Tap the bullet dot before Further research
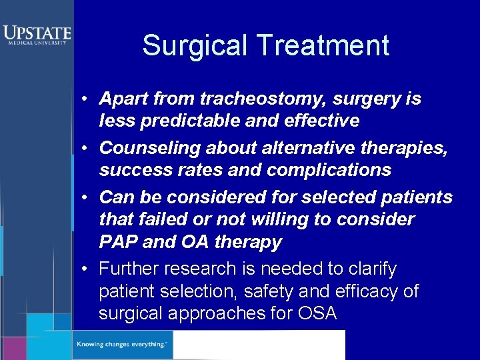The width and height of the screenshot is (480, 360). coord(87,269)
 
